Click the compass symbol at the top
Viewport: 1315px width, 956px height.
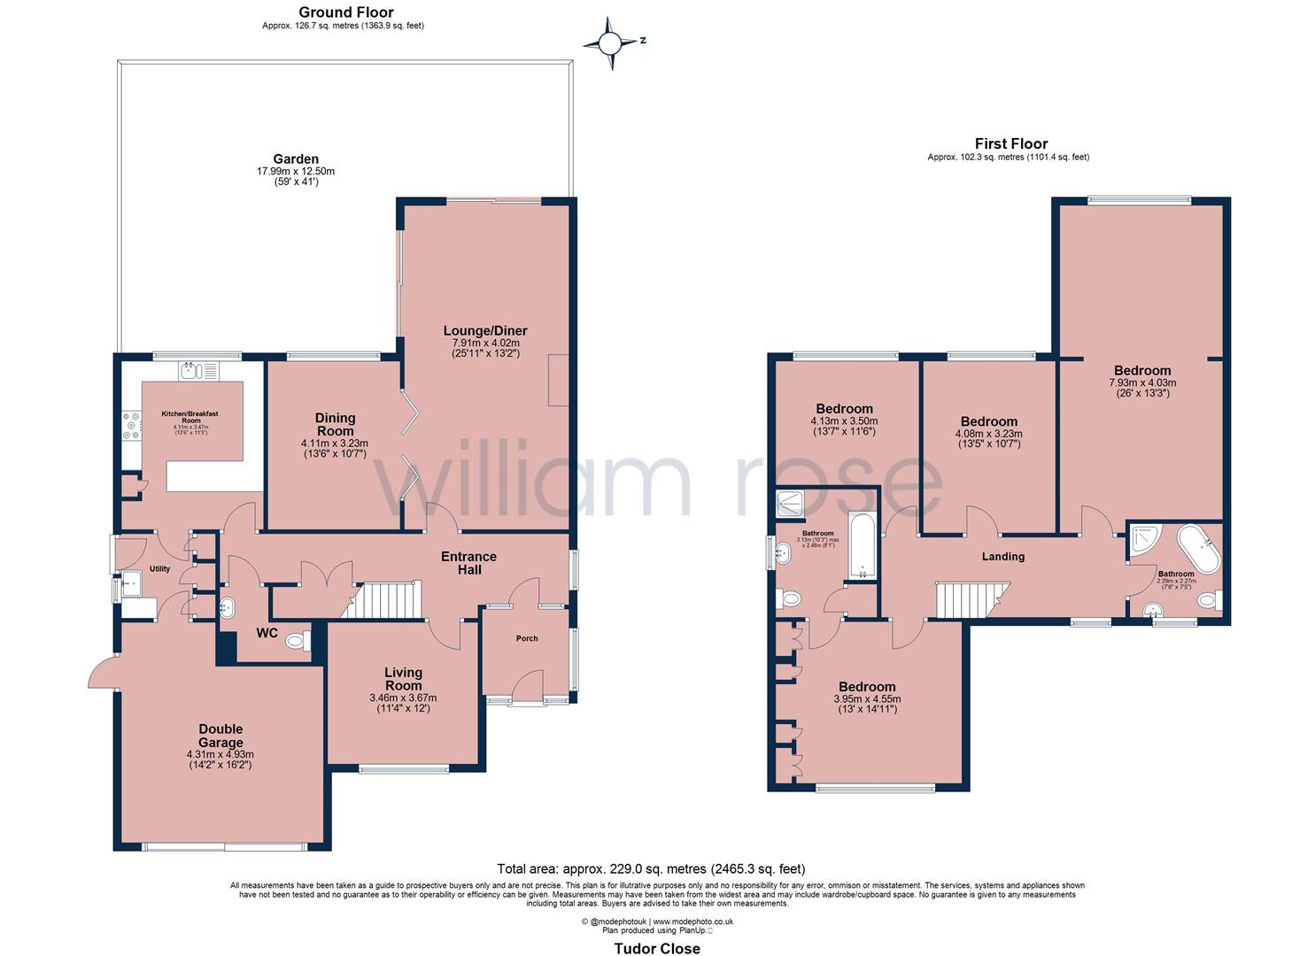tap(610, 42)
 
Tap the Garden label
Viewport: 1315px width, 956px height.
tap(296, 159)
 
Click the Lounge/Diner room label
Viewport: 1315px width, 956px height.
tap(481, 330)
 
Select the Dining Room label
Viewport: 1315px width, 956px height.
tap(335, 424)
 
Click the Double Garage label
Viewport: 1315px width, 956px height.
tap(220, 736)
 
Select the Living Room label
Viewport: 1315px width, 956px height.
tap(403, 679)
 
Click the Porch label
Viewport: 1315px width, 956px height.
tap(527, 638)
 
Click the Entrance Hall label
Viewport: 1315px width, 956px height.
tap(469, 563)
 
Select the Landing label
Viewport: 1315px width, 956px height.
tap(1002, 557)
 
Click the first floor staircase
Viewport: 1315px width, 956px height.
tap(972, 599)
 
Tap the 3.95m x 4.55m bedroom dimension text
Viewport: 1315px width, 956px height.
tap(867, 698)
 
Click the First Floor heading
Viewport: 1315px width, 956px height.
tap(1010, 143)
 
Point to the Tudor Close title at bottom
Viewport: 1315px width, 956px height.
tap(657, 948)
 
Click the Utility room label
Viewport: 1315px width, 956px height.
tap(159, 569)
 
